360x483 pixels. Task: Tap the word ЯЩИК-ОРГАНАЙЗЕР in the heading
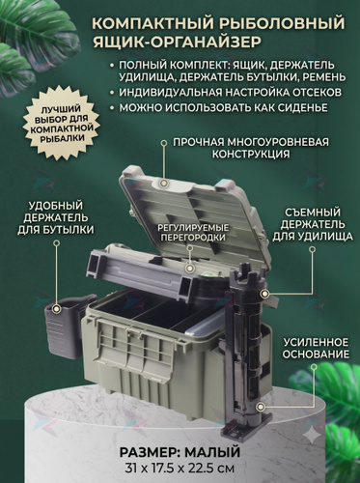tap(177, 43)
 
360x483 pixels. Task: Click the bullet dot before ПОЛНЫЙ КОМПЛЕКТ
tap(112, 65)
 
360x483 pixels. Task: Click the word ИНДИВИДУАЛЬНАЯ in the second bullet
tap(170, 93)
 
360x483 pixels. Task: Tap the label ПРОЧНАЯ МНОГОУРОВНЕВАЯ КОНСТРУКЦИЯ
tap(251, 148)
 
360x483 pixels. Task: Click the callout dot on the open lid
tap(164, 183)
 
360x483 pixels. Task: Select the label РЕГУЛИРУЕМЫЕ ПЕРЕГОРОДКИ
tap(193, 233)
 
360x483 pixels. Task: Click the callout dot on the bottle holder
tap(57, 309)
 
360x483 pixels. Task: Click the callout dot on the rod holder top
tap(264, 294)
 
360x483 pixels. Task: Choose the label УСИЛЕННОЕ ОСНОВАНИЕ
tap(316, 348)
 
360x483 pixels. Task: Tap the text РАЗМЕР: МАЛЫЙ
tap(180, 452)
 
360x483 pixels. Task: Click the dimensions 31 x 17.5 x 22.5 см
tap(180, 468)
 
